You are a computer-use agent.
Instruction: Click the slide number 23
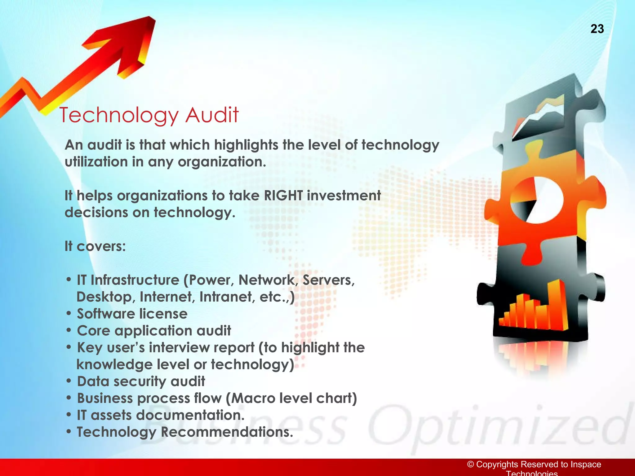tap(597, 29)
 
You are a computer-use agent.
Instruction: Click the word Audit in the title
tap(212, 115)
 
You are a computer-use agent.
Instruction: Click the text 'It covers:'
tap(95, 246)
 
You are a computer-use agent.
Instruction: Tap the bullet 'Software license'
tap(132, 314)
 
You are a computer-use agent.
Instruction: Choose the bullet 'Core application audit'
tap(154, 331)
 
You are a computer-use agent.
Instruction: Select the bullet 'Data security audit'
tap(141, 381)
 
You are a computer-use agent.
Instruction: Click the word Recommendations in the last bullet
tap(227, 432)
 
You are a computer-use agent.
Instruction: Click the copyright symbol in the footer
tap(471, 464)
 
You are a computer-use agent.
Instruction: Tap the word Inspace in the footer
tap(586, 464)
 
